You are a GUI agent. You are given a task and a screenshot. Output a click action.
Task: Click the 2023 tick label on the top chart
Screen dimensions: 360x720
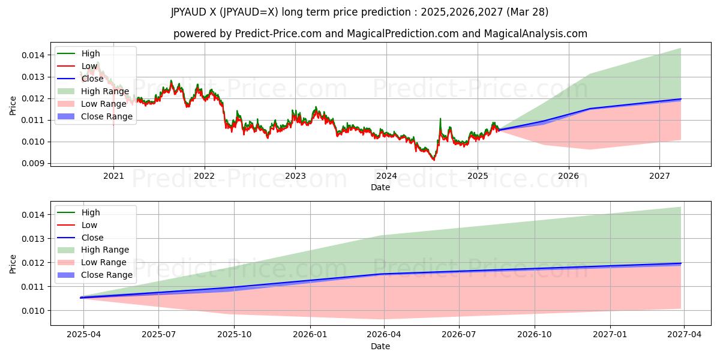click(295, 176)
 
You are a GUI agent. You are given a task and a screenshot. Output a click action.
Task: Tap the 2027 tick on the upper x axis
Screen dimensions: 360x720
click(659, 176)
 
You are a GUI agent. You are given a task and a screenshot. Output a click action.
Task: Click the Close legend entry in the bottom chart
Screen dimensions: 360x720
click(92, 238)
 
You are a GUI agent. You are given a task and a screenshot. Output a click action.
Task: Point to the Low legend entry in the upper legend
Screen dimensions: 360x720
click(90, 66)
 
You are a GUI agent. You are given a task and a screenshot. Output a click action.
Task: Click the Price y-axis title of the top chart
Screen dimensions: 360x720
click(13, 105)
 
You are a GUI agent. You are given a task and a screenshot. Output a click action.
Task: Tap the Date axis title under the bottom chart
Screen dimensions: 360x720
click(380, 346)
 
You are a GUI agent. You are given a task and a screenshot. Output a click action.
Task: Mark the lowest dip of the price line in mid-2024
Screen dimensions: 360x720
click(434, 160)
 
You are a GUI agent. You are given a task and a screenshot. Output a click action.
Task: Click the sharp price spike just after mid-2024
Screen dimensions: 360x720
click(440, 119)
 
